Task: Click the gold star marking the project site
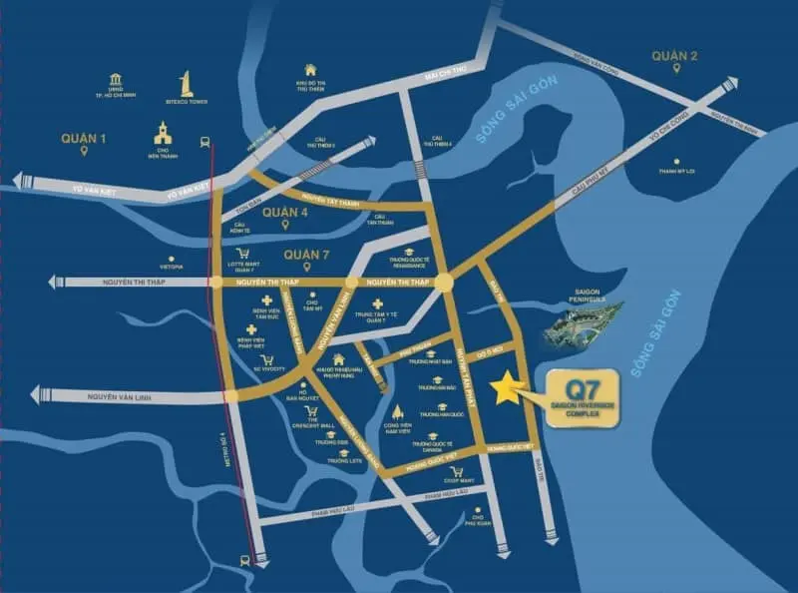(x=510, y=388)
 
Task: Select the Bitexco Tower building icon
(x=185, y=85)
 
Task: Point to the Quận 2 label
(x=675, y=56)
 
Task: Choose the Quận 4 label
(x=282, y=213)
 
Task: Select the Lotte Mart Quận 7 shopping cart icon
(x=240, y=253)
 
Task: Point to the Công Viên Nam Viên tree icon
(x=398, y=411)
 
